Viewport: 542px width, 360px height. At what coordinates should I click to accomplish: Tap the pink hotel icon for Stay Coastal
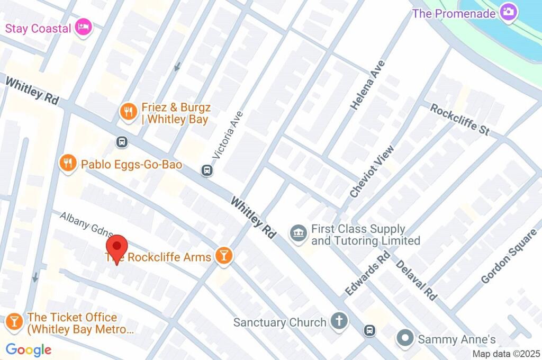point(83,27)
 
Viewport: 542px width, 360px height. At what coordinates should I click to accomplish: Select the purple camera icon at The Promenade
point(509,12)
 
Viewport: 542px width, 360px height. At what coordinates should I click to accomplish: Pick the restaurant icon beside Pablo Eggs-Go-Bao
point(67,164)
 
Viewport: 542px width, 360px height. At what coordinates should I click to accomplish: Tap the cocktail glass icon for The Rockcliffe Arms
point(224,256)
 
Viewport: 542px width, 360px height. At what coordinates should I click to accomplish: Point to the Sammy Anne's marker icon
point(405,338)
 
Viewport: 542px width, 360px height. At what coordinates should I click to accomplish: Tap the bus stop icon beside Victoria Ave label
point(207,170)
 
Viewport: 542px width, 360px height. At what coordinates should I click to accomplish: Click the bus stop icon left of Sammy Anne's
point(369,330)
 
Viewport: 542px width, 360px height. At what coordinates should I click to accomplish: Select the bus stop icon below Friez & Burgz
point(122,141)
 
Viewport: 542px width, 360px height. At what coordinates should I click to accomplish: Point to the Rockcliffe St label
point(459,119)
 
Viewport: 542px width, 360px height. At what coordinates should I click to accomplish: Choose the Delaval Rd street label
point(416,280)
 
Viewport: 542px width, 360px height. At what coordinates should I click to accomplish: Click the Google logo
point(29,349)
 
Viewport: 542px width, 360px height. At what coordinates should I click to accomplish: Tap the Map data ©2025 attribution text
point(505,354)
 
